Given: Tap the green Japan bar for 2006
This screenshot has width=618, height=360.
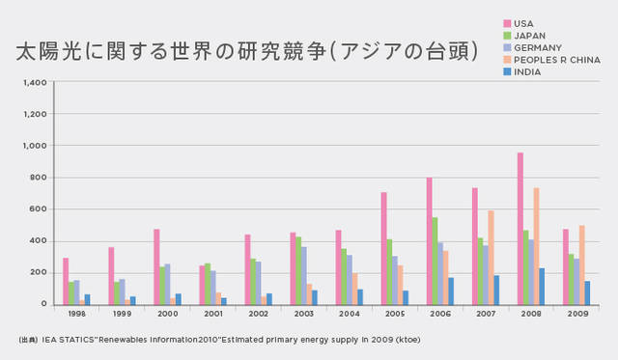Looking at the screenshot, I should (435, 261).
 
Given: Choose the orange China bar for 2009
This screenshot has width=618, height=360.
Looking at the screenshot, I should (580, 264).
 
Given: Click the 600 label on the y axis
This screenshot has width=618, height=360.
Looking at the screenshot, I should (39, 209).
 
